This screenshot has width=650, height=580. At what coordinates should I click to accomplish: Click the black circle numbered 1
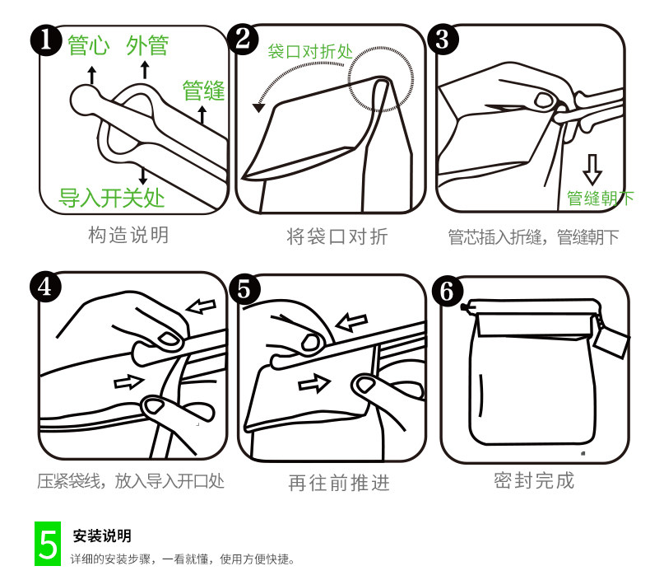tap(46, 40)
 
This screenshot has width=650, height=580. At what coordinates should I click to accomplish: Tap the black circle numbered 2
tap(243, 39)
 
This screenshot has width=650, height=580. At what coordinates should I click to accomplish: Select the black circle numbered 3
tap(443, 40)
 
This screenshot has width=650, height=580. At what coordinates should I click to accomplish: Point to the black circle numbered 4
tap(45, 287)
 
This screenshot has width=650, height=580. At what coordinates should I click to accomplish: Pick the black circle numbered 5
tap(244, 289)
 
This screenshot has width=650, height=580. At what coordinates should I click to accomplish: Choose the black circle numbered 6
tap(448, 292)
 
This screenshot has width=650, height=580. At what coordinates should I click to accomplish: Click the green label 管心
tap(88, 45)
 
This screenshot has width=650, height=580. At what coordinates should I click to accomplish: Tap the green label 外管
tap(147, 45)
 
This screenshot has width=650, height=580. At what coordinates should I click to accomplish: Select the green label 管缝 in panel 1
tap(203, 91)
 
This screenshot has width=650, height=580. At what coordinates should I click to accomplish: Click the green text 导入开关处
tap(112, 198)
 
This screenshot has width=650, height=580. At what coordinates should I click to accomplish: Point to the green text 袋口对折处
tap(310, 51)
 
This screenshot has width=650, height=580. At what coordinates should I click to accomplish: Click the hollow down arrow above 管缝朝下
tap(592, 170)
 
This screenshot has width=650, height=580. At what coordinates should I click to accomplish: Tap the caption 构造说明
tap(128, 235)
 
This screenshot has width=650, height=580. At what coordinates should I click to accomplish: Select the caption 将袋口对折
tap(337, 236)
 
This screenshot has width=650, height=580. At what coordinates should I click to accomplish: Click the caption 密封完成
tap(534, 480)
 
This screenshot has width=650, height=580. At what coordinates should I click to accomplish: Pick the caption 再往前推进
tap(339, 483)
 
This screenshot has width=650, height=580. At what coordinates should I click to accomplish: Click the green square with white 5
tap(48, 544)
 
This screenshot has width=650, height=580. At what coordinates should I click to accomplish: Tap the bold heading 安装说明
tap(102, 536)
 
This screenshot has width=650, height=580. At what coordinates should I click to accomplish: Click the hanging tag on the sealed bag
tap(611, 341)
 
